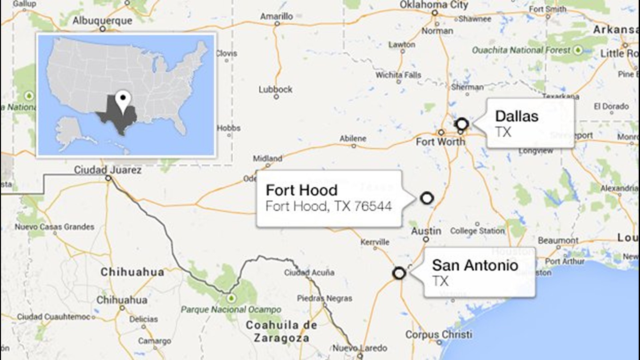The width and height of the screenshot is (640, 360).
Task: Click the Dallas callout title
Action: click(517, 116)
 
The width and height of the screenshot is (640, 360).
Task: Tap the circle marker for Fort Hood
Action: click(427, 198)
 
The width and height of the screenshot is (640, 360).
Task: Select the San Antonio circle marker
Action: click(399, 273)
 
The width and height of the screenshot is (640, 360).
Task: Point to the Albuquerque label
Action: click(102, 21)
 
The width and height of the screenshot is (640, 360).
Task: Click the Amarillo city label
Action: click(277, 16)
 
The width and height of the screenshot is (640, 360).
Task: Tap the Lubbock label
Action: click(275, 89)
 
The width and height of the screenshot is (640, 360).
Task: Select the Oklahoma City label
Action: click(434, 5)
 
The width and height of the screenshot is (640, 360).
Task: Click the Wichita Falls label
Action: click(398, 75)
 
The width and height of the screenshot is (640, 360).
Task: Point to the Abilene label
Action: click(353, 138)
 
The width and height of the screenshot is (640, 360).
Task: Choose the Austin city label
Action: click(426, 231)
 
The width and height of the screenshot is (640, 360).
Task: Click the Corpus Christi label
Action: click(439, 334)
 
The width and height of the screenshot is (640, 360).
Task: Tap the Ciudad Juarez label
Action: click(108, 170)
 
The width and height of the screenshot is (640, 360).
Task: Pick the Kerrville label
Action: click(375, 242)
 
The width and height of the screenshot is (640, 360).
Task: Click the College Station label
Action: click(477, 231)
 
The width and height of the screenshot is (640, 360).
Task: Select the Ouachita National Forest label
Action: click(521, 50)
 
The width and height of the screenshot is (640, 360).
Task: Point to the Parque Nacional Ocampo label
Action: click(231, 309)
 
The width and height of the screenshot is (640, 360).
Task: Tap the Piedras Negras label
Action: click(325, 298)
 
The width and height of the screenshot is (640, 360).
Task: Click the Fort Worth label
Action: click(440, 142)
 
